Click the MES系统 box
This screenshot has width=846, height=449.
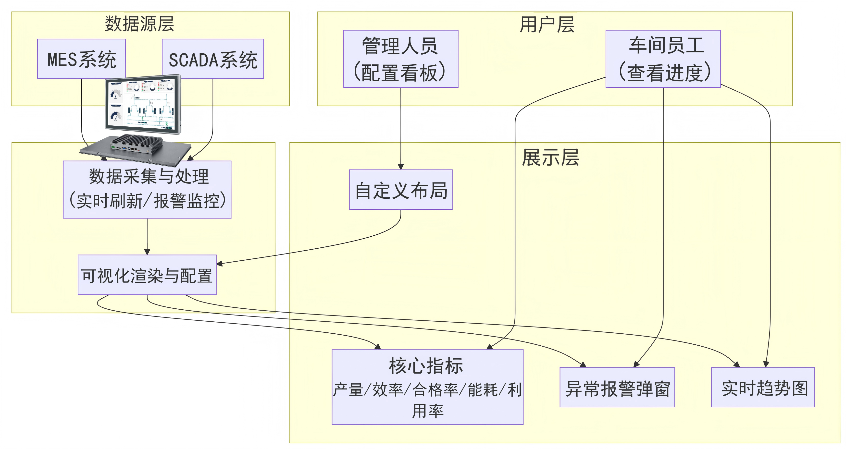(x=81, y=59)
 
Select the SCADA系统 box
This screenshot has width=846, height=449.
(x=213, y=59)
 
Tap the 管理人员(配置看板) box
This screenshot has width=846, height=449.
(x=401, y=59)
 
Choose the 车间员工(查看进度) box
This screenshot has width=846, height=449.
(x=663, y=59)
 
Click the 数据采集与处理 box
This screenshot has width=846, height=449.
(x=147, y=190)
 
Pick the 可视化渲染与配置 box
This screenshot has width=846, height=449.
(x=147, y=275)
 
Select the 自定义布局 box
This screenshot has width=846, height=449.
(x=401, y=190)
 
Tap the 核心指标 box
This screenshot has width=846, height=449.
(x=427, y=387)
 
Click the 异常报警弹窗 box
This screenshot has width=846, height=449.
(x=617, y=387)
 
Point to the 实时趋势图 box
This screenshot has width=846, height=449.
(x=763, y=387)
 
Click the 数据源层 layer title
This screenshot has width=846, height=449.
(x=140, y=24)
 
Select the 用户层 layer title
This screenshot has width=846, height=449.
(x=547, y=24)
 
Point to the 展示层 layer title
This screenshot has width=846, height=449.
(x=550, y=158)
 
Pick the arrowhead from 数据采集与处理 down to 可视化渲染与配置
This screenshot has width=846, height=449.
(x=147, y=252)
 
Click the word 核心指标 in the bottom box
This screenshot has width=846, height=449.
(x=426, y=366)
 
